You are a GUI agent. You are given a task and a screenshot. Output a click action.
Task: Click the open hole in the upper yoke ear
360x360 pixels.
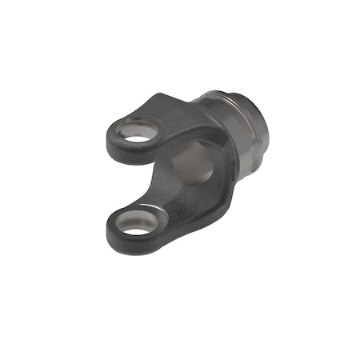pyautogui.click(x=138, y=138)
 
